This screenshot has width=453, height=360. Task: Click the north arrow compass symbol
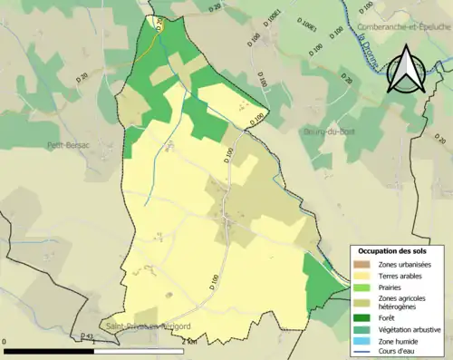coord(405,70)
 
